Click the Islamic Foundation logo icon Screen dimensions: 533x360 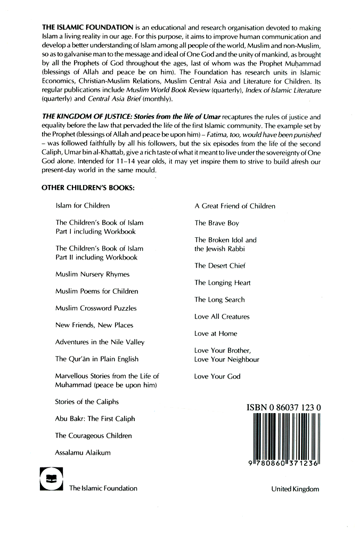pyautogui.click(x=51, y=478)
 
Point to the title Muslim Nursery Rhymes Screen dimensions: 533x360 pyautogui.click(x=93, y=274)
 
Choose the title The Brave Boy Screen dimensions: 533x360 pyautogui.click(x=217, y=223)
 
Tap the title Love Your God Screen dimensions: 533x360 pyautogui.click(x=217, y=376)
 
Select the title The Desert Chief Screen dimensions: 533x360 pyautogui.click(x=220, y=265)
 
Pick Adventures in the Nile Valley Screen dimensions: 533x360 pyautogui.click(x=100, y=342)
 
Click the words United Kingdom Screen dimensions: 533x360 pyautogui.click(x=294, y=488)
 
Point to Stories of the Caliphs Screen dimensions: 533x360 pyautogui.click(x=87, y=402)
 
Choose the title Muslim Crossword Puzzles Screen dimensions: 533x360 pyautogui.click(x=96, y=308)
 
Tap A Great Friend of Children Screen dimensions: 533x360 pyautogui.click(x=235, y=206)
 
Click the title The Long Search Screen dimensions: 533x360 pyautogui.click(x=219, y=300)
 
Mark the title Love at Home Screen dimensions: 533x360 pyautogui.click(x=216, y=334)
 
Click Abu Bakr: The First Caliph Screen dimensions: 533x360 pyautogui.click(x=95, y=419)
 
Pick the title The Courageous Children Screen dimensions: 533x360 pyautogui.click(x=93, y=436)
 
